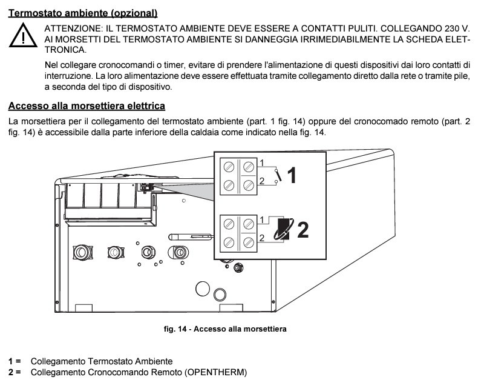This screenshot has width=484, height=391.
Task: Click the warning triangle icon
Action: (22, 37)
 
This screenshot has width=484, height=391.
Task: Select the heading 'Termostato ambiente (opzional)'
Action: (82, 12)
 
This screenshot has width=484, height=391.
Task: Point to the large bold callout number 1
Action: (292, 176)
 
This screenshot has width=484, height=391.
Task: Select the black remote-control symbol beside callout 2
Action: (282, 230)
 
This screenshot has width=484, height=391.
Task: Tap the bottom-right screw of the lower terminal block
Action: (248, 242)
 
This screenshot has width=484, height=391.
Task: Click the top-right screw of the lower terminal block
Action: (248, 223)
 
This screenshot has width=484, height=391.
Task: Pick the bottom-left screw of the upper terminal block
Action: (230, 184)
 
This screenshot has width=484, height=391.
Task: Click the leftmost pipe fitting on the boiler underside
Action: (81, 250)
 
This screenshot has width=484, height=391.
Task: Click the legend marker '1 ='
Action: (15, 361)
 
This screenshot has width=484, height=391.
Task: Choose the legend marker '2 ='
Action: (15, 372)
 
